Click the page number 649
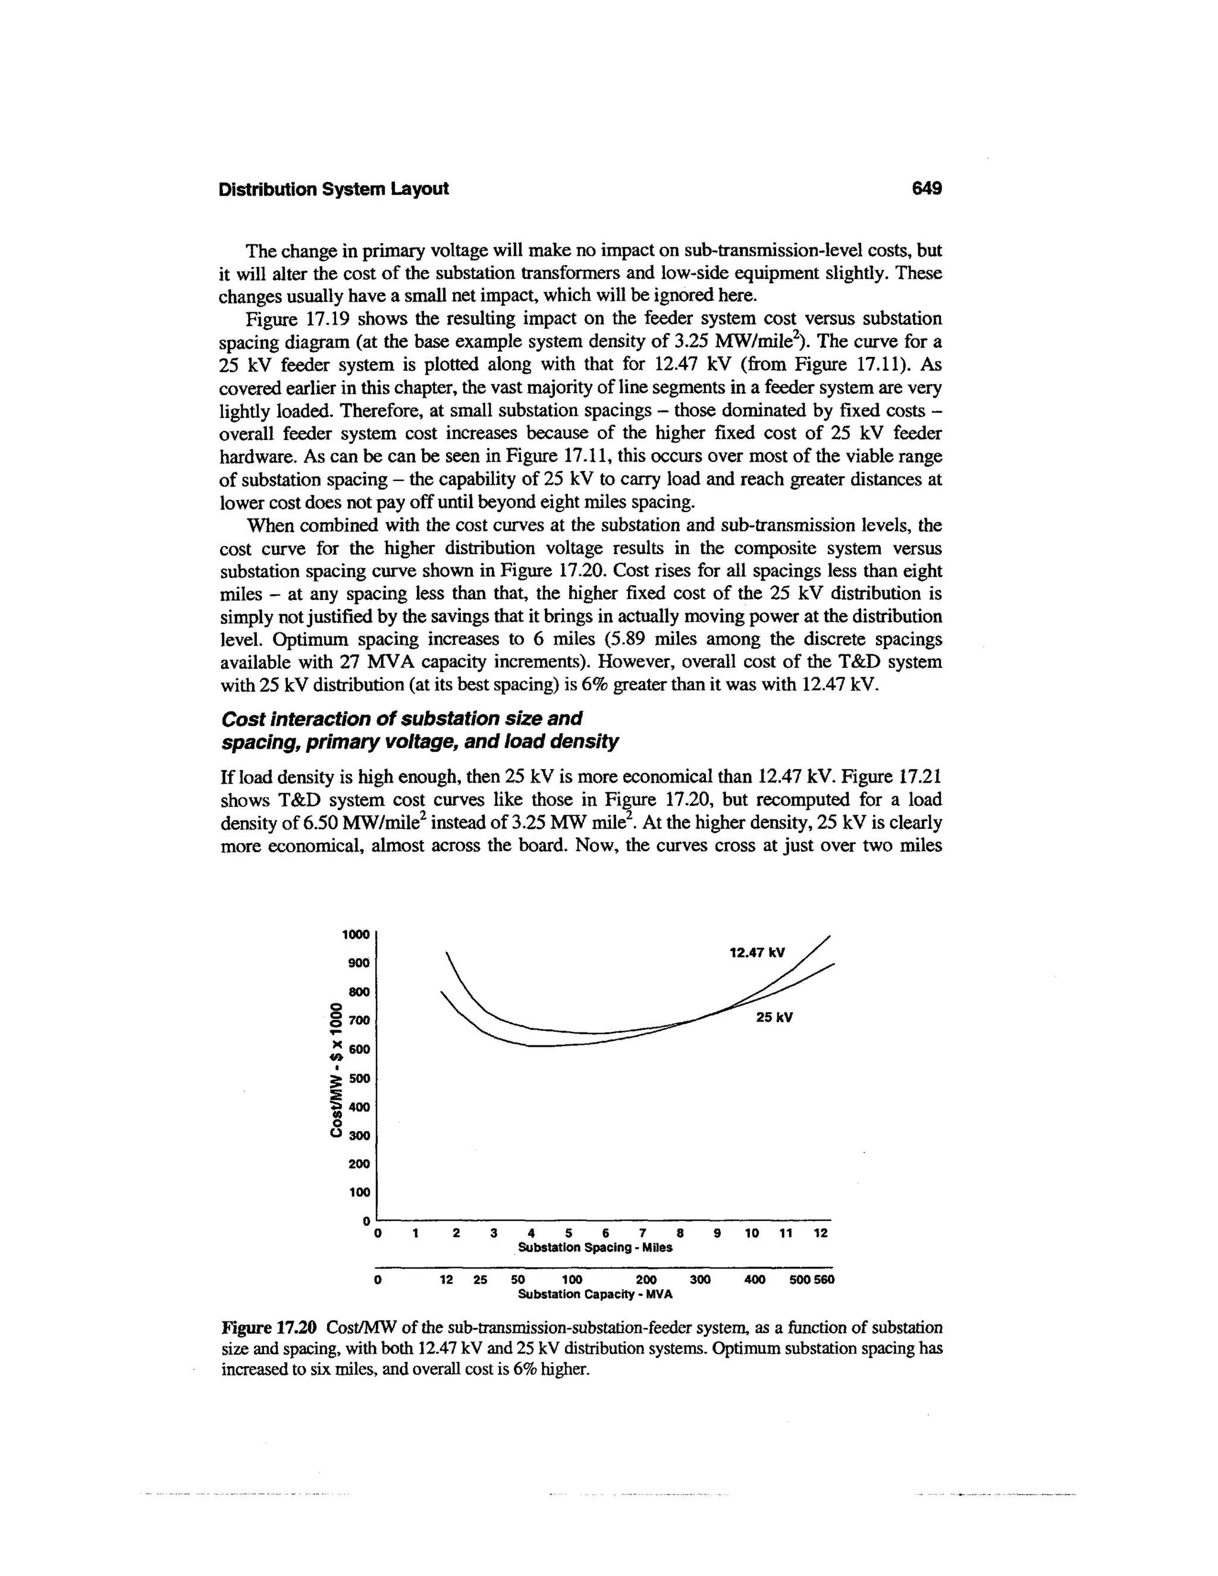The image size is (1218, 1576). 927,189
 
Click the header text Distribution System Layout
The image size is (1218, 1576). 334,189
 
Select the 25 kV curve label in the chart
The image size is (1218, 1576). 774,1018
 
